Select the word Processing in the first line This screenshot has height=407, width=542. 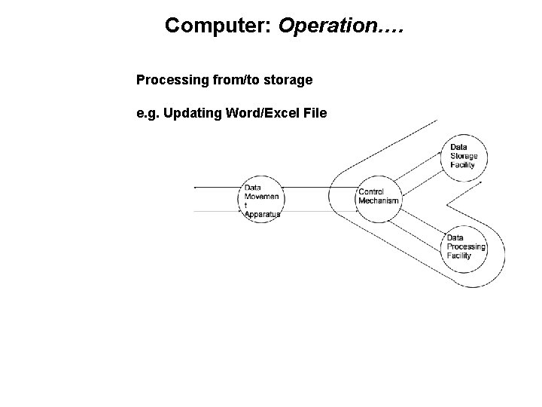166,79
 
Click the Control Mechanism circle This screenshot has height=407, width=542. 378,197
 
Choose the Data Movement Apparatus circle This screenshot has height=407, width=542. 261,200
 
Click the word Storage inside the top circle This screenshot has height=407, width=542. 464,156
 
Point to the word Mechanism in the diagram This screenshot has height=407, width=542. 379,201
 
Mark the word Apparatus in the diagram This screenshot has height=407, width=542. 263,215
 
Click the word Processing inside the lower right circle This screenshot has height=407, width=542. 466,247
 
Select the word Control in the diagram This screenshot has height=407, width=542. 372,192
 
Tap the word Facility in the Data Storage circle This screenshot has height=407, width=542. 462,165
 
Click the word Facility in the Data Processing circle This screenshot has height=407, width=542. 458,256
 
